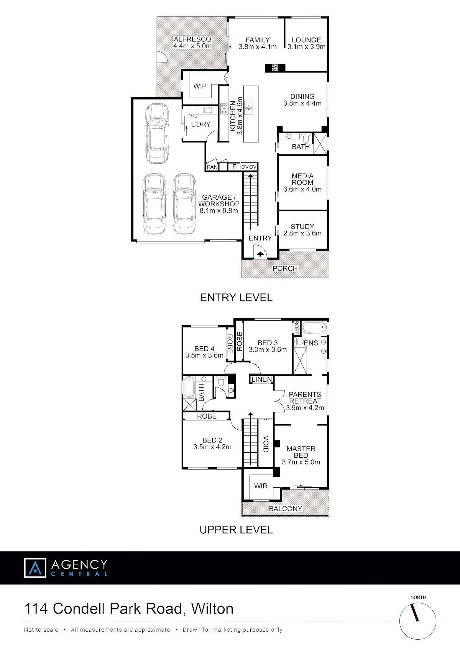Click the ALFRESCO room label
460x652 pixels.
tap(192, 39)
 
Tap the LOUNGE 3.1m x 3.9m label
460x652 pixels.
tap(306, 43)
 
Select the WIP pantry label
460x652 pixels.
tap(200, 86)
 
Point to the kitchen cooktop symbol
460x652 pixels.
tap(224, 108)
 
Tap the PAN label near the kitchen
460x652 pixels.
tap(212, 167)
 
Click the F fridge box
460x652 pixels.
tap(234, 167)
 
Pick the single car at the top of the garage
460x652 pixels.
tap(157, 133)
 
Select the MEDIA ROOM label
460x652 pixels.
tap(302, 179)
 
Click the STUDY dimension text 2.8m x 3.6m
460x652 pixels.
tap(302, 233)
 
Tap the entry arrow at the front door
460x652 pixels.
tap(260, 254)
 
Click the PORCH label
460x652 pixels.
tap(285, 268)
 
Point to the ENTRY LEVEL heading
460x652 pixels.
tap(236, 298)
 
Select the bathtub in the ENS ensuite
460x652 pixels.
tap(314, 328)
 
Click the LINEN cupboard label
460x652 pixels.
tap(262, 379)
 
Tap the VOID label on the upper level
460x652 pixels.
tap(266, 444)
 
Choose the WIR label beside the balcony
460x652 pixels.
tap(261, 486)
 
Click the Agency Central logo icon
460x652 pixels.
tap(35, 568)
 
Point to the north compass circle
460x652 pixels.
tap(418, 621)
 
